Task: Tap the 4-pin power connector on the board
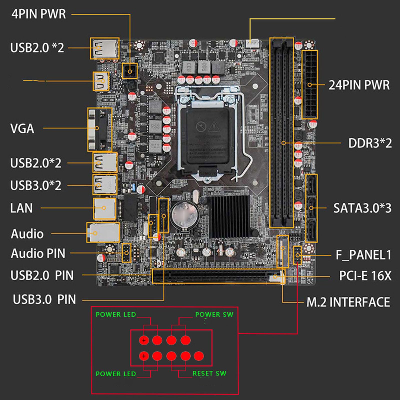130,71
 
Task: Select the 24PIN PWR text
359,85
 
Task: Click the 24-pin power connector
310,84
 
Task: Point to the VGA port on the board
99,129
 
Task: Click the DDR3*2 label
370,143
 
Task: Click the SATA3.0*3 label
362,208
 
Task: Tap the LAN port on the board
105,208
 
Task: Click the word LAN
21,208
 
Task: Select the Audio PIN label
38,253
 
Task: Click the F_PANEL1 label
363,255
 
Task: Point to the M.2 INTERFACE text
348,302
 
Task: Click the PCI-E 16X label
365,276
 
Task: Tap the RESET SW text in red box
209,373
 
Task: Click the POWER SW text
214,314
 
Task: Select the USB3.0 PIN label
44,299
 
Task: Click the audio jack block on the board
103,233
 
